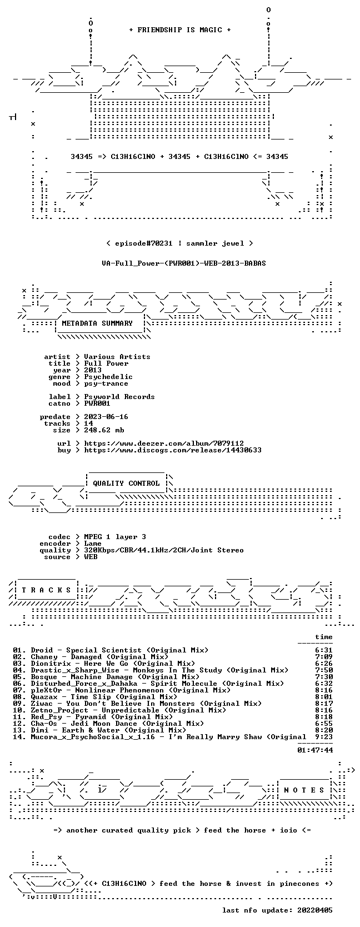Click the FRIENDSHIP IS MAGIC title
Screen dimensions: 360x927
(x=180, y=30)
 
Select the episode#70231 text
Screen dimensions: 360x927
(x=143, y=243)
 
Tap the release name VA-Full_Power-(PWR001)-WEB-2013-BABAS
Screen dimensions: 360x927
(x=184, y=263)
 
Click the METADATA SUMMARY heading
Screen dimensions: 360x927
(x=97, y=323)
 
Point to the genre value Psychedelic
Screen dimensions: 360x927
(x=108, y=377)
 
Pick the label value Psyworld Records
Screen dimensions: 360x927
(x=119, y=397)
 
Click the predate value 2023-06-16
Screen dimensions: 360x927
(x=106, y=417)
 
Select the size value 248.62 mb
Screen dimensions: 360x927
(x=104, y=430)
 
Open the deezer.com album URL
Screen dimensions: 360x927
(x=164, y=443)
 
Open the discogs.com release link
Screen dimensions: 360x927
(x=173, y=450)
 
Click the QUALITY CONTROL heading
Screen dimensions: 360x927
(x=126, y=484)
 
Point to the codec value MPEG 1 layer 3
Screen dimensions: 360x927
(x=115, y=537)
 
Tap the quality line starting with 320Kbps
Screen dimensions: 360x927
(x=164, y=550)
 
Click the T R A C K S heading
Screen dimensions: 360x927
(x=46, y=590)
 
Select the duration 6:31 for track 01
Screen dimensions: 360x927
(x=324, y=650)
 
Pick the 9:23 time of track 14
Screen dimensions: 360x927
(x=324, y=736)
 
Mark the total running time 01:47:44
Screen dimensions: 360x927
(x=315, y=750)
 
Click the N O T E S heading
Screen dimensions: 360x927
(x=304, y=790)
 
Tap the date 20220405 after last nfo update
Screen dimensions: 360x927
(x=315, y=910)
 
